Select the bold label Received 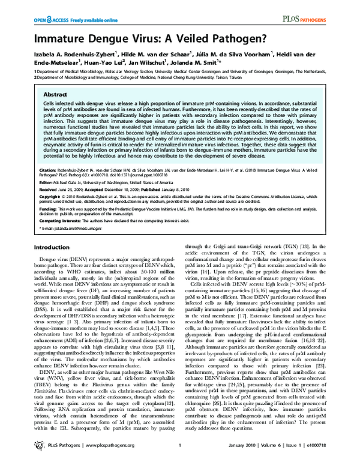pos(50,205)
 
